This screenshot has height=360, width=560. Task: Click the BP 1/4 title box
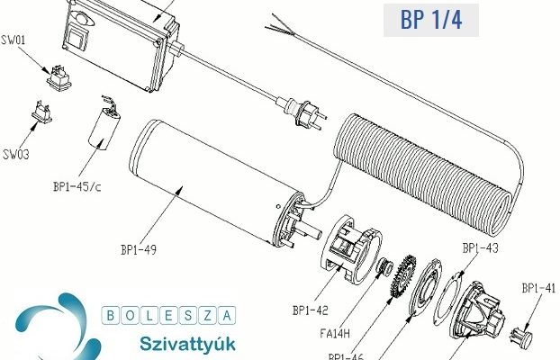[431, 20]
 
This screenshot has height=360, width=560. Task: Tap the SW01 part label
[14, 40]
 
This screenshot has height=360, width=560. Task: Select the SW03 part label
[15, 155]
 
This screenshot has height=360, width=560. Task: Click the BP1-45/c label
[77, 186]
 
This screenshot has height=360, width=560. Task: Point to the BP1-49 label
[139, 249]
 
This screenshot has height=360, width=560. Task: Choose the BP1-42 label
[310, 310]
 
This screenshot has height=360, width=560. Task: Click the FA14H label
[335, 334]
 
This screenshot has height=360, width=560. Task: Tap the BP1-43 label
[480, 247]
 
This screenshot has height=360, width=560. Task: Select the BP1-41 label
[538, 288]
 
